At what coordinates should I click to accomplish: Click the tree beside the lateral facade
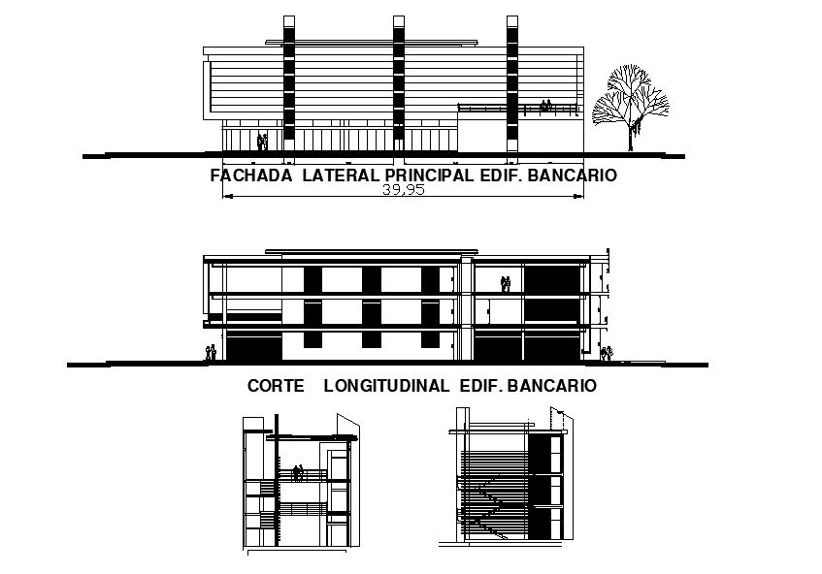pos(631,105)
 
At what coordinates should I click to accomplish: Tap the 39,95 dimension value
pos(402,191)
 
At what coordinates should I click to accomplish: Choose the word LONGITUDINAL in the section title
pos(386,385)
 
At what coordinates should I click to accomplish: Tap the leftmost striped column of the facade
pos(287,87)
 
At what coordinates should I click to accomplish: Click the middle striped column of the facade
pos(399,87)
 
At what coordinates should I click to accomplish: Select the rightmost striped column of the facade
pos(511,87)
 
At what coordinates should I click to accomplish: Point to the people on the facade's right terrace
pos(546,106)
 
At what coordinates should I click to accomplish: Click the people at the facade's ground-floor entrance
pos(262,142)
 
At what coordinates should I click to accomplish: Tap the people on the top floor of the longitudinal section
pos(505,284)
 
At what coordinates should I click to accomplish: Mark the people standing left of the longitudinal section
pos(211,352)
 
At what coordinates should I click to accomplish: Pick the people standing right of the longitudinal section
pos(607,353)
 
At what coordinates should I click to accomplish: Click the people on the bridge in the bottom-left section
pos(298,473)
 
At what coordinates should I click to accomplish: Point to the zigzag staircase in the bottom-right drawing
pos(490,504)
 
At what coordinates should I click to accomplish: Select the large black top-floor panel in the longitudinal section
pos(551,278)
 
